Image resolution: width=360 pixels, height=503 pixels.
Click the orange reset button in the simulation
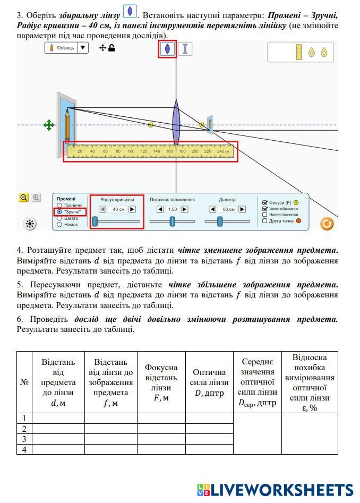click(x=327, y=224)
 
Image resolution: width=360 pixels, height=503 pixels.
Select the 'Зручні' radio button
click(x=59, y=212)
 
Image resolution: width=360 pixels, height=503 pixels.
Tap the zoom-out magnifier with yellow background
click(x=24, y=198)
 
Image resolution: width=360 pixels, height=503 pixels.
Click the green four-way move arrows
click(x=49, y=125)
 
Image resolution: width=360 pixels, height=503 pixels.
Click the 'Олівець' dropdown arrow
click(x=82, y=48)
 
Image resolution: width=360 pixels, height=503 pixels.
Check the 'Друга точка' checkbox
click(x=265, y=221)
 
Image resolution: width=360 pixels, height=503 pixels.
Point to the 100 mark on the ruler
click(x=131, y=152)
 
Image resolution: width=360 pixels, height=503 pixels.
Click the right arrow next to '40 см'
click(x=132, y=209)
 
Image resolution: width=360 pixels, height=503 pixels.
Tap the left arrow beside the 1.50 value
click(x=160, y=209)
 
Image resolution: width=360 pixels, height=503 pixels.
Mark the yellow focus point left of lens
click(x=150, y=125)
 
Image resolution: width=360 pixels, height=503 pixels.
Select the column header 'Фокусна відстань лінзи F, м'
click(x=161, y=382)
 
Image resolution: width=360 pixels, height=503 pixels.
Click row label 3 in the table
click(x=24, y=439)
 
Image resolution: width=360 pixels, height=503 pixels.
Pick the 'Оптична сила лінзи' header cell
click(x=209, y=382)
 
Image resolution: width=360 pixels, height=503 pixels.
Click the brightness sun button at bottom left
click(x=30, y=224)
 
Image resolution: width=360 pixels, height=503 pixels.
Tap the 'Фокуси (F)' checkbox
click(x=265, y=202)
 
